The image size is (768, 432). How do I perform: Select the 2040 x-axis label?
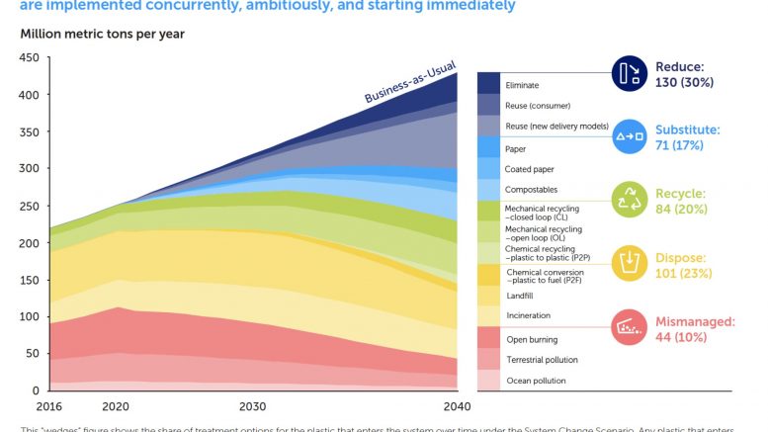[x=457, y=405]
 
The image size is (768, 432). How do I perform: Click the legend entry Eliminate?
[x=522, y=85]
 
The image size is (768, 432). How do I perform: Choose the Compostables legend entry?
[x=533, y=189]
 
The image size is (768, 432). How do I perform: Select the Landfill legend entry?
[x=522, y=294]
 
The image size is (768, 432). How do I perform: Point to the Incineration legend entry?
[x=528, y=315]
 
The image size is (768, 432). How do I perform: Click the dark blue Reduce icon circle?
[x=628, y=73]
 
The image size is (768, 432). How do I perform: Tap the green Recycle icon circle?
[x=628, y=200]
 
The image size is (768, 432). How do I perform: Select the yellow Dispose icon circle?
[x=628, y=263]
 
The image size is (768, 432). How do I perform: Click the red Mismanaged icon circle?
[x=628, y=326]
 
